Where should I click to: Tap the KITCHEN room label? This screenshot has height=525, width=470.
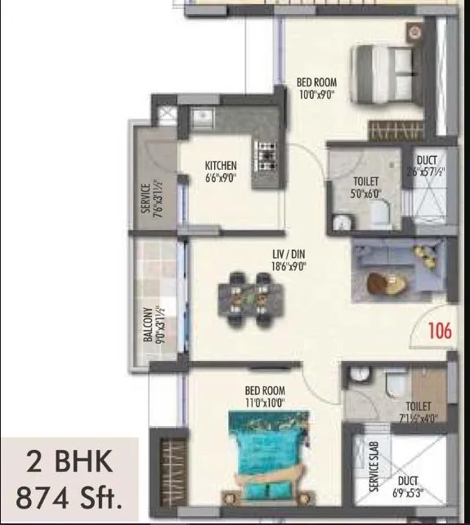coord(221,166)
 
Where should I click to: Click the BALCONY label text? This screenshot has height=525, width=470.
coord(147,324)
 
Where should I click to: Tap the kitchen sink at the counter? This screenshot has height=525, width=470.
coord(204,118)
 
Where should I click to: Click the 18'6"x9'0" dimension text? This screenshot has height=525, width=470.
coord(289,265)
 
